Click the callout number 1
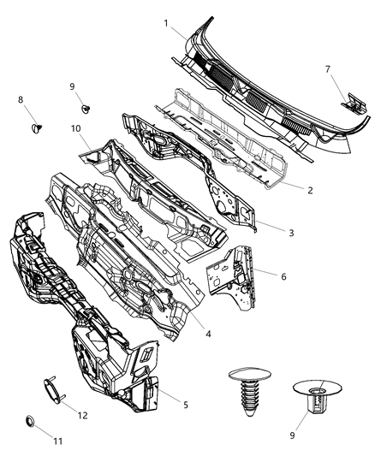166,23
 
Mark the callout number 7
327,68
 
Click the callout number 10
75,129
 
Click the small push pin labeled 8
36,128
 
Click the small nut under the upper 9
86,109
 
